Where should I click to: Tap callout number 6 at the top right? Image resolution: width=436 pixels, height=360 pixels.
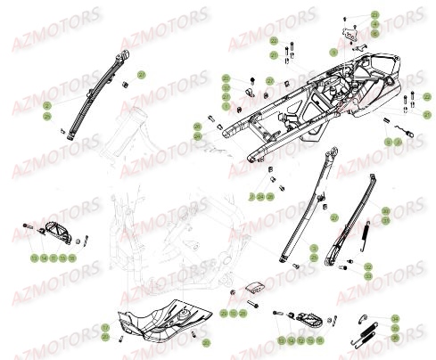pos(375,34)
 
